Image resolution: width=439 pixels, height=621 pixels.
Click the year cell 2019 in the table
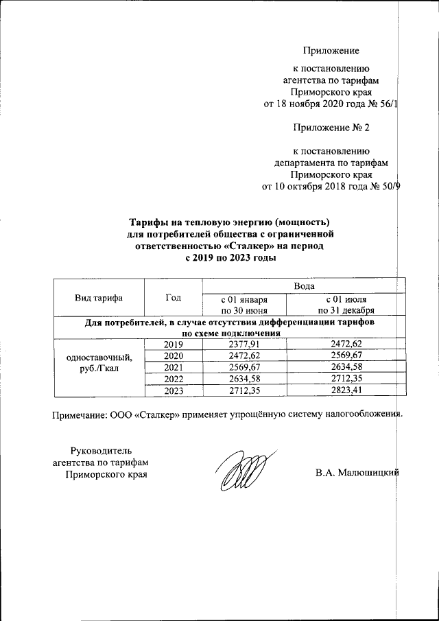pos(174,343)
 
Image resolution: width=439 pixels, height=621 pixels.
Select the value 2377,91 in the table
pos(244,343)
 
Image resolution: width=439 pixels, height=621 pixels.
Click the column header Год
pos(174,297)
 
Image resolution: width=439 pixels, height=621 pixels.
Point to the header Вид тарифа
pos(99,297)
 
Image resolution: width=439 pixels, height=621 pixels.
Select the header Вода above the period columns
pos(304,285)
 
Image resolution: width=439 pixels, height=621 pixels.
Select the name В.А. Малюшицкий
pos(357,473)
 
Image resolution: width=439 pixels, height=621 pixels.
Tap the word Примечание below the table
pos(82,414)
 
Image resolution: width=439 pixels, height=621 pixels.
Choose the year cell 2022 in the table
pos(174,379)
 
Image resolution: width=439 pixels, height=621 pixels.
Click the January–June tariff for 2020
pos(244,355)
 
